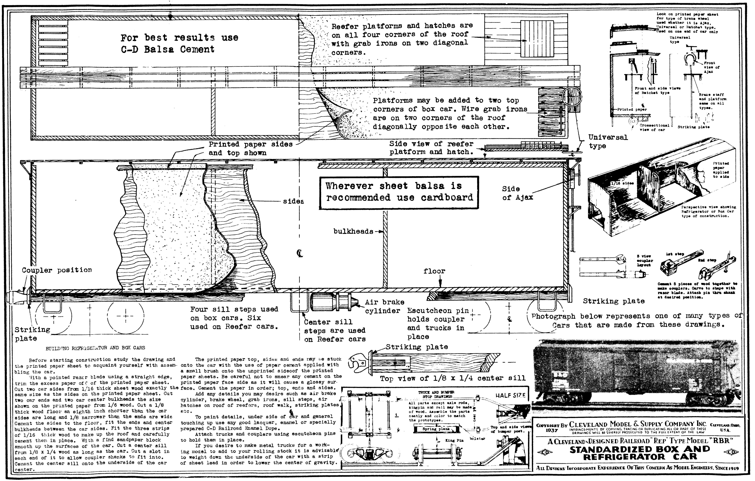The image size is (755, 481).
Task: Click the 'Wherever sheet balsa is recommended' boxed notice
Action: [x=399, y=192]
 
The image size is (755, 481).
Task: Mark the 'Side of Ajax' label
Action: [x=517, y=193]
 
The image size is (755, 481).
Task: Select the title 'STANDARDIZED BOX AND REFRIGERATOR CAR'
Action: [x=640, y=453]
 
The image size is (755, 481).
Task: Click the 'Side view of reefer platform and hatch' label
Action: [x=431, y=148]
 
